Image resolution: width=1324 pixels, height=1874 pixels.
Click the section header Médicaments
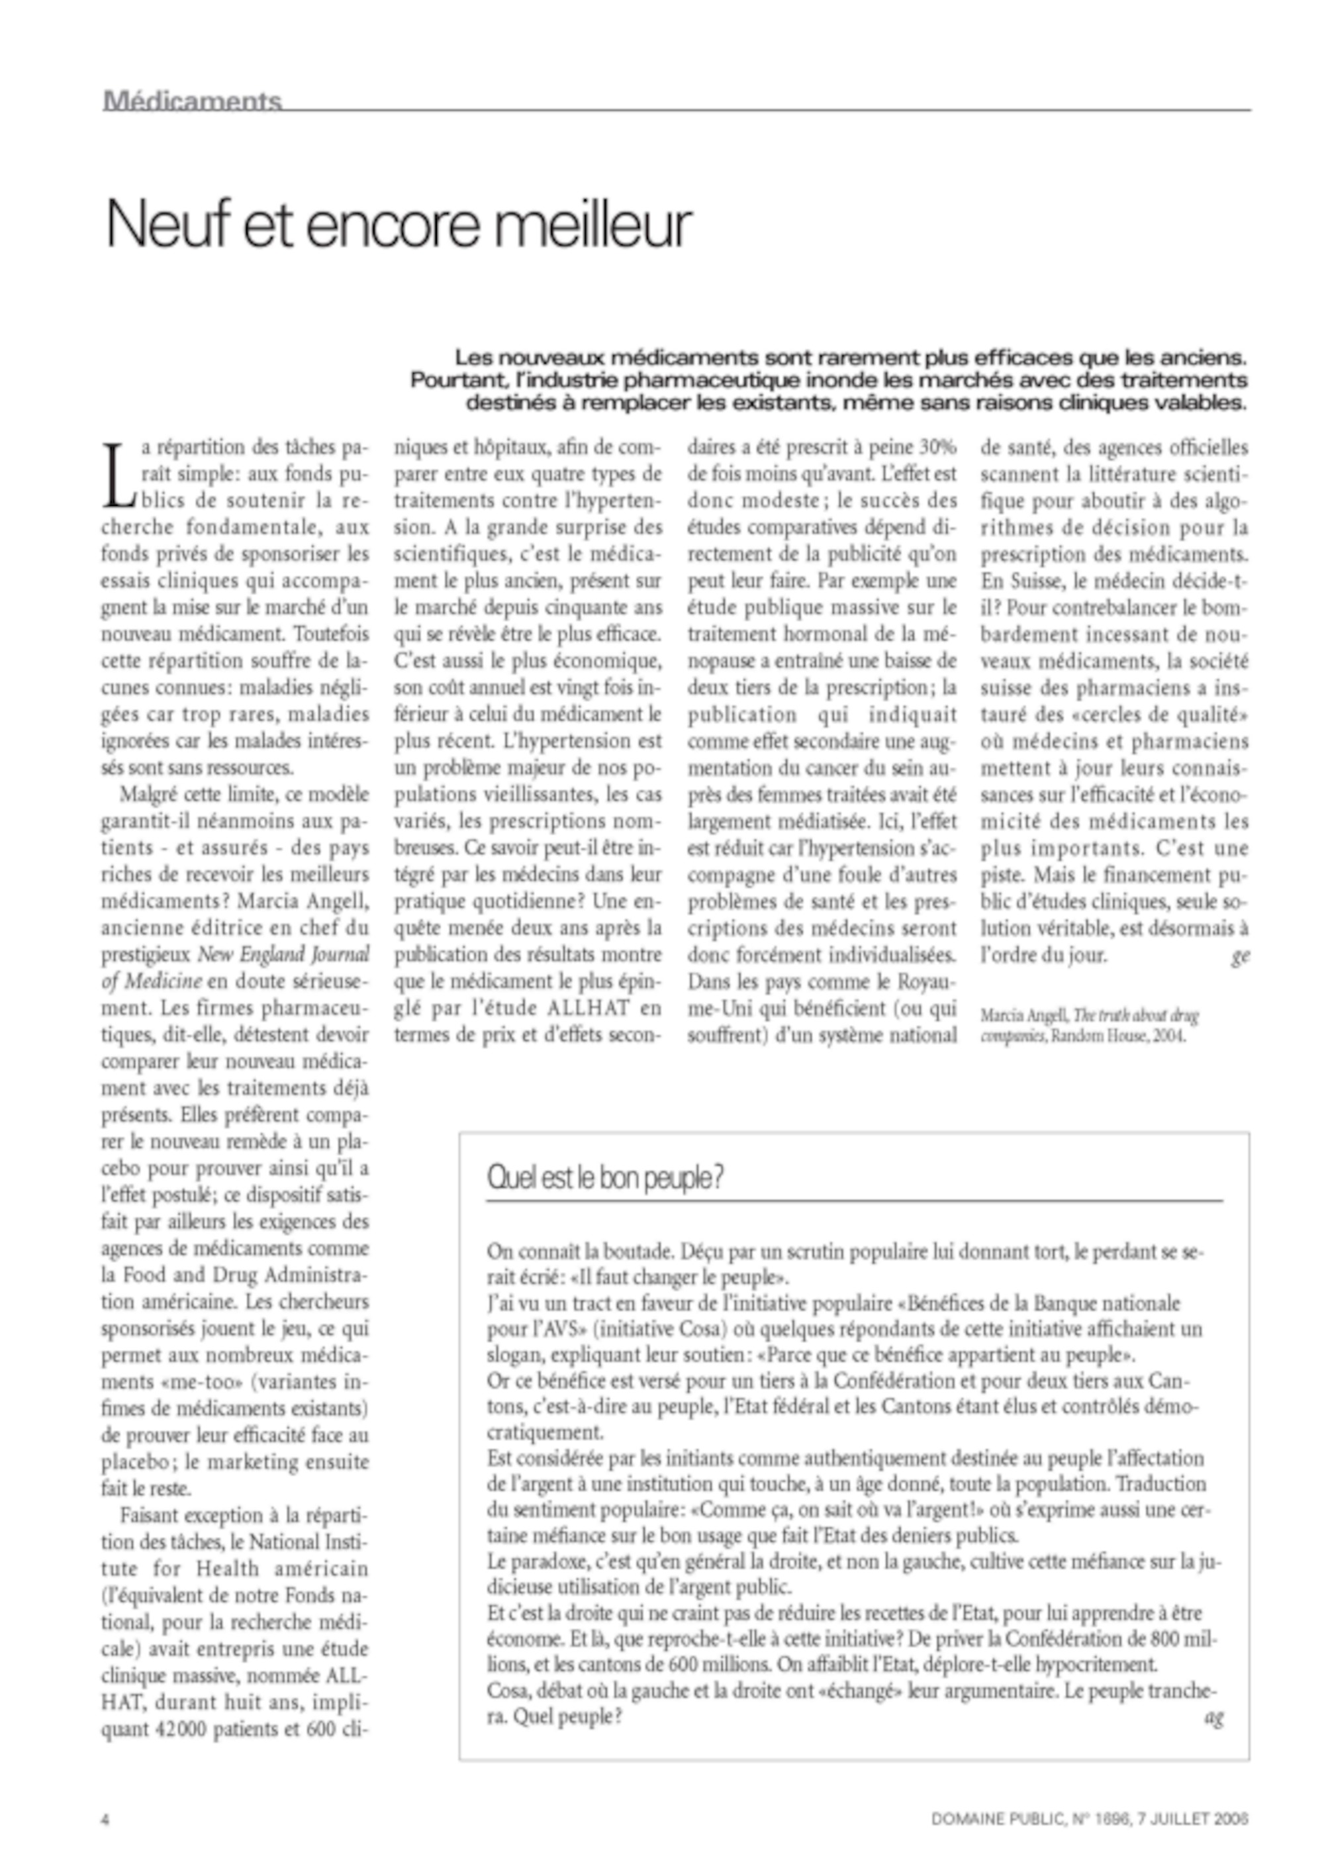tap(193, 101)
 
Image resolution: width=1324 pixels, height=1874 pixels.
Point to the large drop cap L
tap(115, 473)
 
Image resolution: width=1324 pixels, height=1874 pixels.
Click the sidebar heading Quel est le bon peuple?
tap(604, 1178)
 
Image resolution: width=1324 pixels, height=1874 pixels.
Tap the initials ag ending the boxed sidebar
tap(1214, 1717)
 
